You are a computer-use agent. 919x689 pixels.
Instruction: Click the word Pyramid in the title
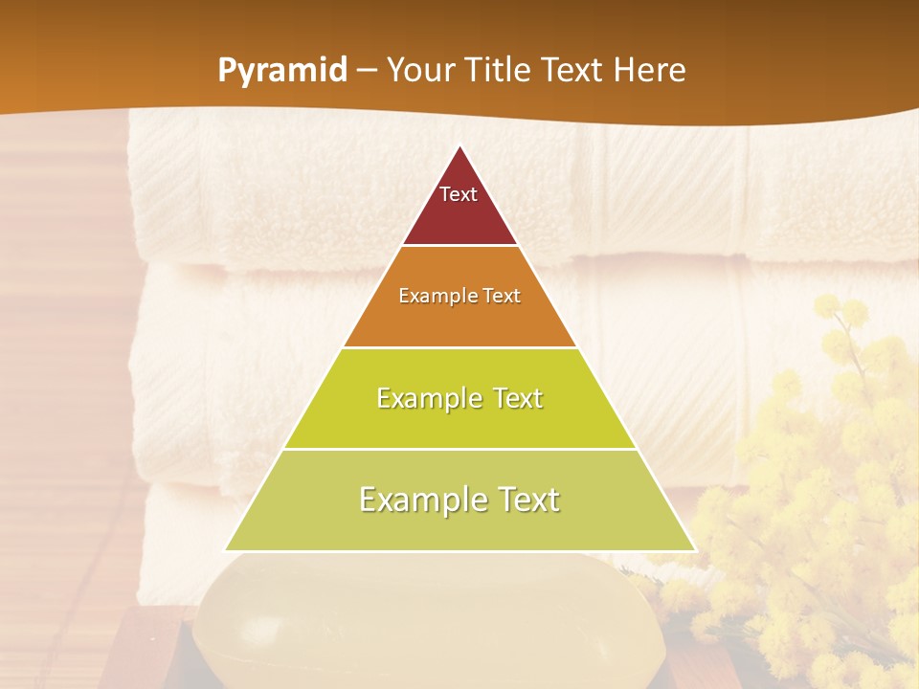coord(281,71)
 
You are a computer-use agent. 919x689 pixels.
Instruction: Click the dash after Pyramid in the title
coord(366,71)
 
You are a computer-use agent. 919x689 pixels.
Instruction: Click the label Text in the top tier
coord(459,194)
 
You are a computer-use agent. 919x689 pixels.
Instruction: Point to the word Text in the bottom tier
coord(523,500)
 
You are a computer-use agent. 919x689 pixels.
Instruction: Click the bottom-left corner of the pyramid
coord(225,550)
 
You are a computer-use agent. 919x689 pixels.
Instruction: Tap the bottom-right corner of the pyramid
coord(696,550)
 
